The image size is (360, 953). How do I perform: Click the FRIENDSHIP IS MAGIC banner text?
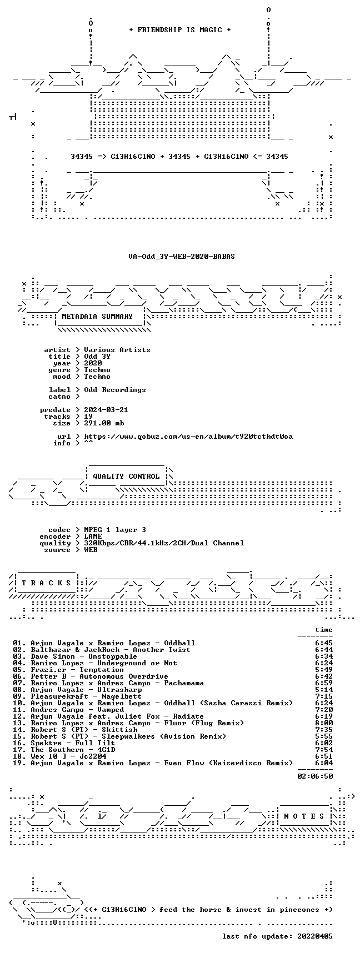pyautogui.click(x=179, y=30)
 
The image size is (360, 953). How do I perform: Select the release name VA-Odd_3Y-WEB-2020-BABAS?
pyautogui.click(x=182, y=257)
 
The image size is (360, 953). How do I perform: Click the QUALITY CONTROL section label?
pyautogui.click(x=126, y=476)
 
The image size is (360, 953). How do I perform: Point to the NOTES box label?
pyautogui.click(x=304, y=816)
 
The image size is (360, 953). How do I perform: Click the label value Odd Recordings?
pyautogui.click(x=115, y=390)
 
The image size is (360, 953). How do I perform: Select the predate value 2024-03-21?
pyautogui.click(x=106, y=410)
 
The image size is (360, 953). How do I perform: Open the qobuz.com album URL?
pyautogui.click(x=188, y=437)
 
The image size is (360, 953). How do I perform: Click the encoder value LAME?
pyautogui.click(x=93, y=536)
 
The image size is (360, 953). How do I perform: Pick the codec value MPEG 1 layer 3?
pyautogui.click(x=115, y=530)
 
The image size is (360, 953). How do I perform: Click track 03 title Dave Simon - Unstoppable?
pyautogui.click(x=84, y=656)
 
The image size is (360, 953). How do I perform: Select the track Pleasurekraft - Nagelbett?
pyautogui.click(x=86, y=696)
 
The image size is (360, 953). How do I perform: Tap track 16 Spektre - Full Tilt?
pyautogui.click(x=73, y=743)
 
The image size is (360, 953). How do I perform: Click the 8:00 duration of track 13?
pyautogui.click(x=324, y=723)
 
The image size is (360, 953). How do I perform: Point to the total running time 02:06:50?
pyautogui.click(x=315, y=776)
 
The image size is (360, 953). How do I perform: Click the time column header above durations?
pyautogui.click(x=324, y=630)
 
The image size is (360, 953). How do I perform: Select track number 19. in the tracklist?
pyautogui.click(x=19, y=763)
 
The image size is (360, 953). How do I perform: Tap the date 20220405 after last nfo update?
pyautogui.click(x=315, y=936)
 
